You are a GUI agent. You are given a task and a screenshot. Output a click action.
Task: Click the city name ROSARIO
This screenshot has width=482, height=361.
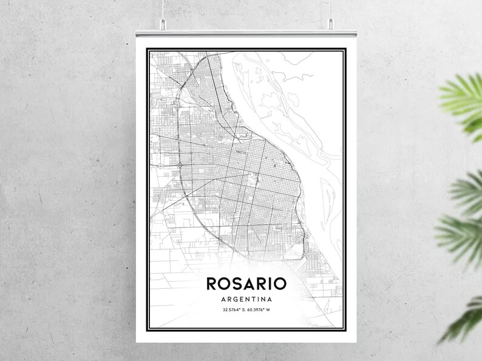point(246,283)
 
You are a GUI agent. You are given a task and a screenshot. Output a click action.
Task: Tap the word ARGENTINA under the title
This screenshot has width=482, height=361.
point(246,299)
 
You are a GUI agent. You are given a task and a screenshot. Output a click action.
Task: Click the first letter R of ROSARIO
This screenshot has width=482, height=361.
point(211,283)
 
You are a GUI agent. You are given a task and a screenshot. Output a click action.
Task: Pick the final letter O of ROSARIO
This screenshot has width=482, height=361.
point(281,283)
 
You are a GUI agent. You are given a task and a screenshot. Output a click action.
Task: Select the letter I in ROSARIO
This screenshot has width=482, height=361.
point(270,283)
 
